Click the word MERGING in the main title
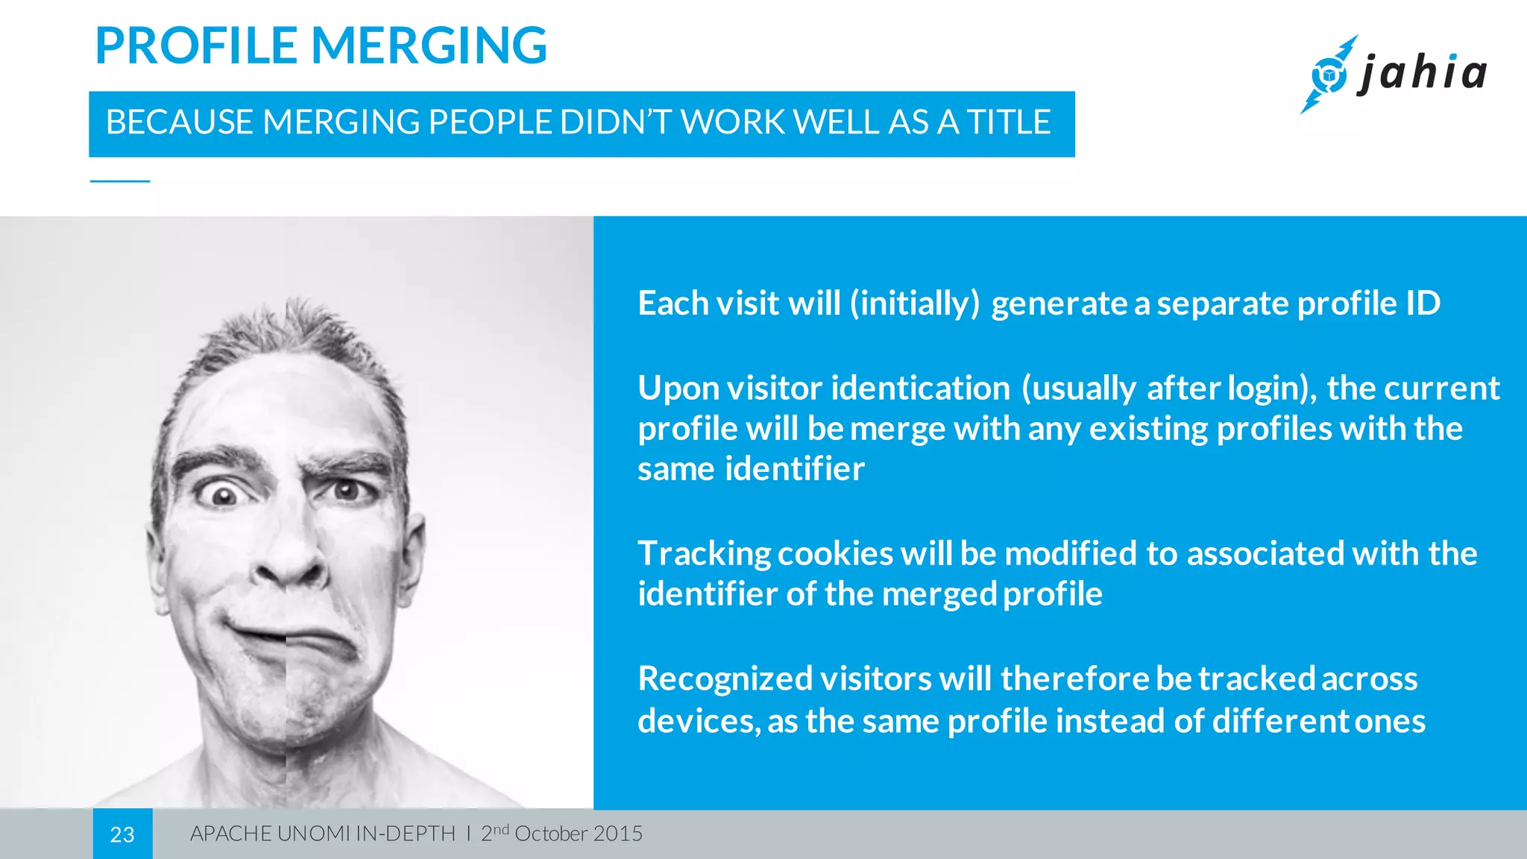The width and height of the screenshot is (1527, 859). click(429, 45)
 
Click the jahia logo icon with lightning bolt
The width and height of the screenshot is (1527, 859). click(1329, 75)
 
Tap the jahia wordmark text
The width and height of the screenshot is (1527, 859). click(1423, 73)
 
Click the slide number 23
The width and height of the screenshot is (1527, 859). click(122, 834)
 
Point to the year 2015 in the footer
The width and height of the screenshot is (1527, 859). click(618, 834)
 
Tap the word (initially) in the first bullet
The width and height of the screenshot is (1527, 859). click(915, 303)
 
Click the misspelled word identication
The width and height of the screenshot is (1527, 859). click(920, 388)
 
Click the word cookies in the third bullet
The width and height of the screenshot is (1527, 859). click(835, 554)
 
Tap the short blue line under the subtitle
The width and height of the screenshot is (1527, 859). click(120, 181)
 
